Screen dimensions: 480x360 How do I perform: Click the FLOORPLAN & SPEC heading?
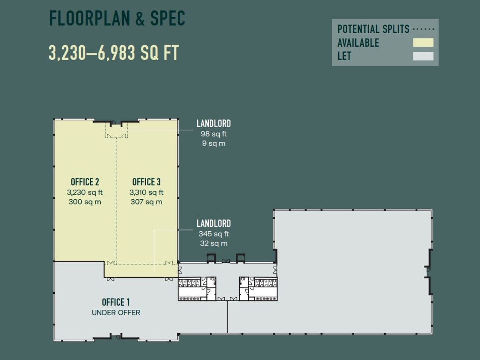[117, 18]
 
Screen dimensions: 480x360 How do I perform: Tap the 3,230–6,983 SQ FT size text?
[114, 53]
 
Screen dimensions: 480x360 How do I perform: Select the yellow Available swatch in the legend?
[423, 42]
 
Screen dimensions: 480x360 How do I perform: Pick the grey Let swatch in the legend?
[423, 56]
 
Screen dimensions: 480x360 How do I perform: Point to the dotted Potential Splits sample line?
[423, 29]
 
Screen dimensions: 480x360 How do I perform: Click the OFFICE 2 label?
[85, 182]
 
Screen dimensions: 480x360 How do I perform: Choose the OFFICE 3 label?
[146, 182]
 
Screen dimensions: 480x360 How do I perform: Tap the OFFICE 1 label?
[116, 302]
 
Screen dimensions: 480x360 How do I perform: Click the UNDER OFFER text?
[116, 312]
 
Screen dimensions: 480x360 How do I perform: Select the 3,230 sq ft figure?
[85, 192]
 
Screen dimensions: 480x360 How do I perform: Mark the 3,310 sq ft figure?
[146, 192]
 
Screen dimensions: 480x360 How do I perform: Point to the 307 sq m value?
[146, 202]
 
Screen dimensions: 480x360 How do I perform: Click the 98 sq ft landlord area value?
[214, 134]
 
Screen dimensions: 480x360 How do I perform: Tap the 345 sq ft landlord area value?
[214, 234]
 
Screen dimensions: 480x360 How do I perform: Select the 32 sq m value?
[214, 243]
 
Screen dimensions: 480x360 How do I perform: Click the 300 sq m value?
[85, 202]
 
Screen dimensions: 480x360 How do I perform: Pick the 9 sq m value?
[214, 143]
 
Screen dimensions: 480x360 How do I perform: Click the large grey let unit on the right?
[352, 269]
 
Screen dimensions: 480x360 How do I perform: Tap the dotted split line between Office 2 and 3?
[116, 201]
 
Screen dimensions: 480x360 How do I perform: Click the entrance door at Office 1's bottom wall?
[116, 337]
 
